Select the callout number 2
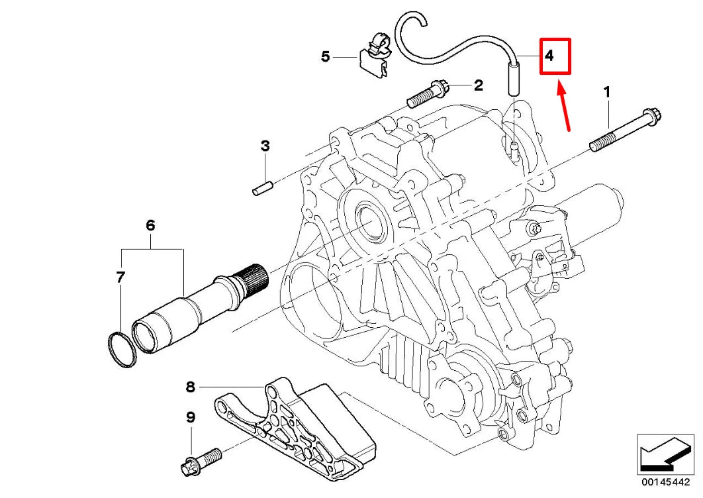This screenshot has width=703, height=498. coord(477,85)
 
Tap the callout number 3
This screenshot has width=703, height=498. coord(265,146)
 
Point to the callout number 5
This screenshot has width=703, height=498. coord(325,57)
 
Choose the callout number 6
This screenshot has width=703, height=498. coord(150,226)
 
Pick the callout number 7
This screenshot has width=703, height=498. coord(120,277)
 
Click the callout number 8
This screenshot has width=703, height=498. coord(191,385)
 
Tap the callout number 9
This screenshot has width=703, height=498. coord(191,417)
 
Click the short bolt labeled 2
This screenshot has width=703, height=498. coord(428,95)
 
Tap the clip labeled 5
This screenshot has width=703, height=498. coord(376,54)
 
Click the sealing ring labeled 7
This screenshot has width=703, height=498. coord(122,348)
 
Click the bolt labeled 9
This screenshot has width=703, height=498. coord(201,459)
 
